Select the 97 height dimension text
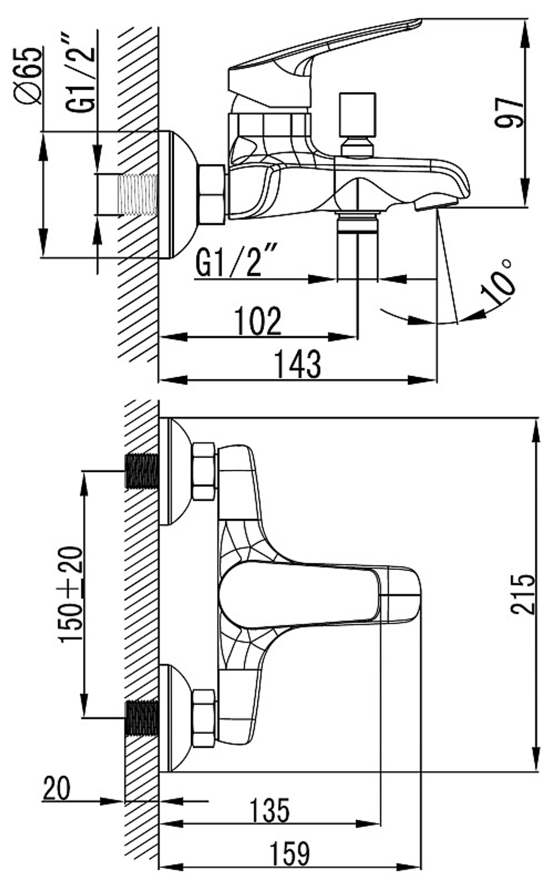pyautogui.click(x=510, y=112)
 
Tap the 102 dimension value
pyautogui.click(x=257, y=320)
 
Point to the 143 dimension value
pyautogui.click(x=297, y=364)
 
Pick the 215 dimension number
pyautogui.click(x=522, y=593)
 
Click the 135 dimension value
pyautogui.click(x=270, y=810)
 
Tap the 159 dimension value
pyautogui.click(x=290, y=853)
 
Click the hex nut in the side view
pyautogui.click(x=212, y=195)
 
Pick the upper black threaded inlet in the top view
pyautogui.click(x=142, y=471)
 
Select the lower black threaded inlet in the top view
pyautogui.click(x=142, y=719)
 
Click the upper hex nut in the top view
pyautogui.click(x=204, y=471)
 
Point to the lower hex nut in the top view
pyautogui.click(x=204, y=718)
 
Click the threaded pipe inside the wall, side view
pyautogui.click(x=138, y=195)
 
